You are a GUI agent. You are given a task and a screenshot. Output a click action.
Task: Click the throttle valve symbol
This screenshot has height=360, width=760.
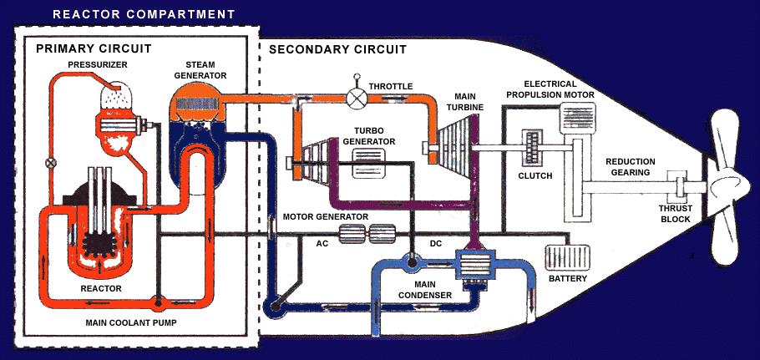point(358,97)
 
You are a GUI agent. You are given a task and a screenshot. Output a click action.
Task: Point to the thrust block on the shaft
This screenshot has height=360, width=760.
point(676,183)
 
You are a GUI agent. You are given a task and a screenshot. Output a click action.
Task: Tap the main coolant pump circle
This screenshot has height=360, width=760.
point(156,300)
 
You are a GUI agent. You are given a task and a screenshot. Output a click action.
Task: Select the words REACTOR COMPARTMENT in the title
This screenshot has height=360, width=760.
point(143,14)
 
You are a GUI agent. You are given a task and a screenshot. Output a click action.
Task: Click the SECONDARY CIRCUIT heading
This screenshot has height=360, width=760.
point(337,49)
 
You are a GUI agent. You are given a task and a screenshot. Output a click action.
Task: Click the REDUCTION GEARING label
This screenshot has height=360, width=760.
point(631,167)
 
